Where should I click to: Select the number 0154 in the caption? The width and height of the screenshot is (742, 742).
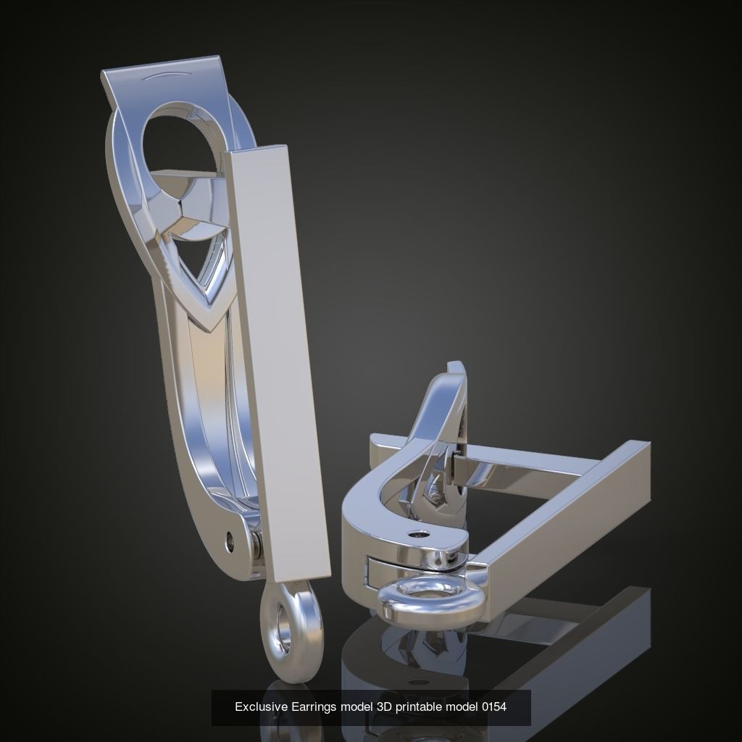click(x=493, y=707)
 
